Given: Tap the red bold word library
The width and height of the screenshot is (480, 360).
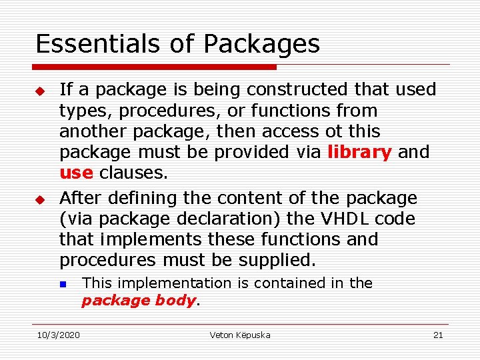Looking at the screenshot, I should tap(359, 152).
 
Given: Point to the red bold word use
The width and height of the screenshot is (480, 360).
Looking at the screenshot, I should tap(76, 173).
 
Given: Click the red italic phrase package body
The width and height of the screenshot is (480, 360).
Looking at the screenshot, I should tap(139, 301).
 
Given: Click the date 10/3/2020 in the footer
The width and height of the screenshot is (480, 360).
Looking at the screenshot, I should tap(58, 335).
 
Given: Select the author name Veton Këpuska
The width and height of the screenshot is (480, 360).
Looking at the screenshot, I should tap(240, 335).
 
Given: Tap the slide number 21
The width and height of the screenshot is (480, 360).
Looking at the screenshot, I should tap(437, 335).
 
